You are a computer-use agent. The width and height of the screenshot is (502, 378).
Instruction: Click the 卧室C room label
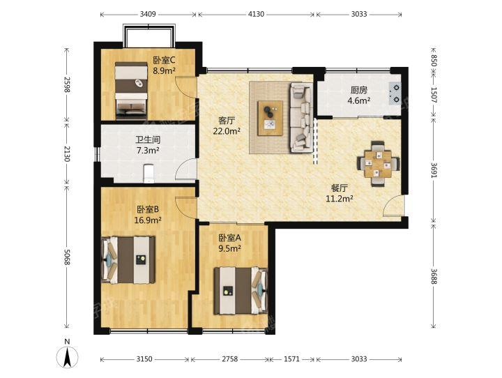point(165,60)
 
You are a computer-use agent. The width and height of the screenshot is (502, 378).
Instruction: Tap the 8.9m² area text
point(164,71)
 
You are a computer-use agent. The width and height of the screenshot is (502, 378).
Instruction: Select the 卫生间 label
point(148,140)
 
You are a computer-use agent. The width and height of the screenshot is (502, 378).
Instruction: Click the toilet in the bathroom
point(149,173)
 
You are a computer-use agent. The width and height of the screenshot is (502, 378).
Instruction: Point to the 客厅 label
point(227,121)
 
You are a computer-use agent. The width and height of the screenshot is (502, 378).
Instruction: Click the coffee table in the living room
point(271,118)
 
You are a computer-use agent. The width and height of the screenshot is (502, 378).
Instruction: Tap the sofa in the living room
point(301,118)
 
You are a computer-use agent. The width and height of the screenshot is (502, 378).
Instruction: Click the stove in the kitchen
point(395,93)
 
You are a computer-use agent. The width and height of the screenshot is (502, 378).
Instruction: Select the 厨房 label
point(359,90)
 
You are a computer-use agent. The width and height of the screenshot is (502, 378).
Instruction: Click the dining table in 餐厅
point(379,164)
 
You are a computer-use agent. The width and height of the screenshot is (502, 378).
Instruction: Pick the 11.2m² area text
point(340,199)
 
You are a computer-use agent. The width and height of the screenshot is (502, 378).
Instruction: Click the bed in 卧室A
point(241,290)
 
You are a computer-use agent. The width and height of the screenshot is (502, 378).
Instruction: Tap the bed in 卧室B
point(128,260)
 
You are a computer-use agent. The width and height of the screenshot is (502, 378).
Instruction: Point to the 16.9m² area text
point(148,220)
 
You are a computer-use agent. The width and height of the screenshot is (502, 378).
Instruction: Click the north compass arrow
point(67,357)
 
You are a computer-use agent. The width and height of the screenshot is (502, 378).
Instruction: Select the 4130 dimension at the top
point(256,14)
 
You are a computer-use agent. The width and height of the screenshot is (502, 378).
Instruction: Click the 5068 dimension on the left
point(67,257)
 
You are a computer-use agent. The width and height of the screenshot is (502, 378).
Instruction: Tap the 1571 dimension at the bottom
point(291,359)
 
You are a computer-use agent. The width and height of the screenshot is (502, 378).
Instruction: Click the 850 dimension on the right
point(434,61)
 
